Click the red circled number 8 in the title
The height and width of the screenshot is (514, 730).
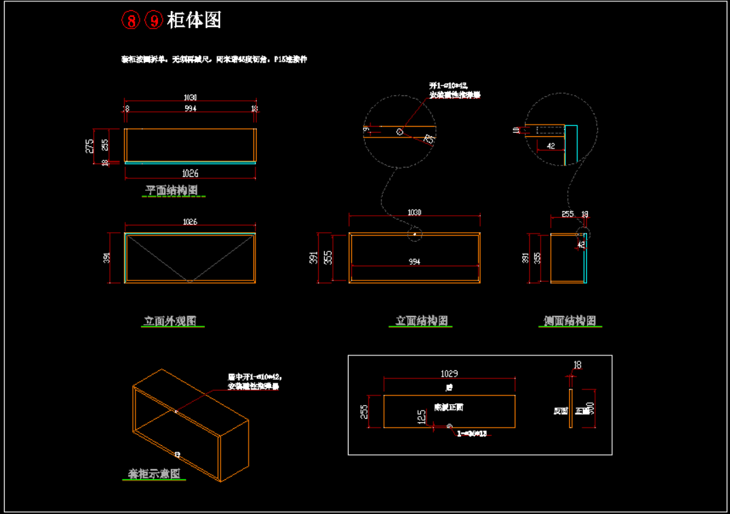(x=131, y=20)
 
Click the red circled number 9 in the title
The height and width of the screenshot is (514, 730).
(x=154, y=20)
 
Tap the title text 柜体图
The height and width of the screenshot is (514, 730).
(x=194, y=20)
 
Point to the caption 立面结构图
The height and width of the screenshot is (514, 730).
(x=422, y=321)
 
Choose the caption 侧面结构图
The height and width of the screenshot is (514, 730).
(x=570, y=321)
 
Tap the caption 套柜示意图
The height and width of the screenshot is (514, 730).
(x=155, y=474)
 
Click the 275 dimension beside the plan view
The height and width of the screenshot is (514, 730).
(x=90, y=146)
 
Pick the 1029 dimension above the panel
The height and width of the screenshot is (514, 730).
(x=449, y=374)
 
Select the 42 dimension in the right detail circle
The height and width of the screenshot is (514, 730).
(x=550, y=146)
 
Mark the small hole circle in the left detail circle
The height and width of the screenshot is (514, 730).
(x=399, y=131)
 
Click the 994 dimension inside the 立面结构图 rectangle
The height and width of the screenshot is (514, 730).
(x=414, y=261)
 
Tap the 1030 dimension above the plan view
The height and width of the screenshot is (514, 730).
(x=190, y=97)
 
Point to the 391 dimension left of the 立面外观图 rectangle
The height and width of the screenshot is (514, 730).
(x=108, y=258)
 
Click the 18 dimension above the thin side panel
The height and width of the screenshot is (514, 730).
(x=577, y=366)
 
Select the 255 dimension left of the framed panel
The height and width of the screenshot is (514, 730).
(x=364, y=412)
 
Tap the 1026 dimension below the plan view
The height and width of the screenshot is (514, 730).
(x=190, y=174)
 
